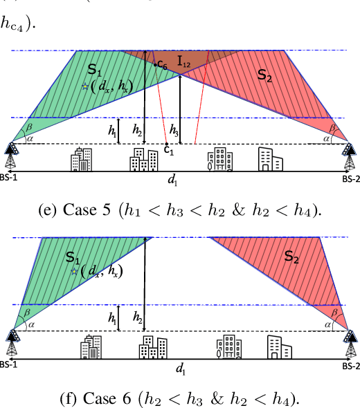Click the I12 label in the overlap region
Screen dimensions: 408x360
point(185,63)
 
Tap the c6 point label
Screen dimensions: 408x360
point(162,64)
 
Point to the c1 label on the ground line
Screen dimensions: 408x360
point(168,150)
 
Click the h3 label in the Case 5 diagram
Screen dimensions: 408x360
point(174,131)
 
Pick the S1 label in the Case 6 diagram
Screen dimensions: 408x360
point(73,257)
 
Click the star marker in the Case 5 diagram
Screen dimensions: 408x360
point(85,86)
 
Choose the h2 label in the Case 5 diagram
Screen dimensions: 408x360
point(138,129)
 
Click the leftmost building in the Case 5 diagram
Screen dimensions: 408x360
point(81,160)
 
